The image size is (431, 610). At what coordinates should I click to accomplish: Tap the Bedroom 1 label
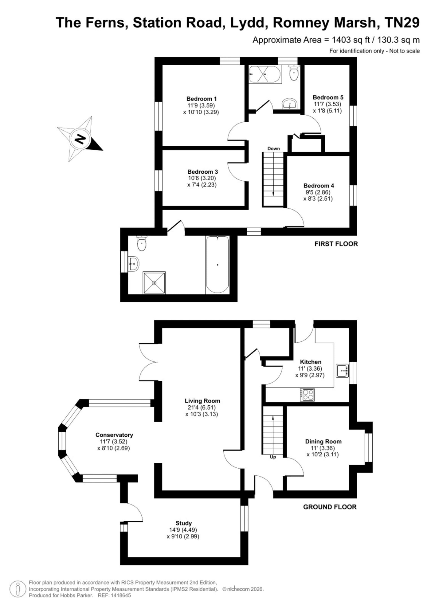[x=201, y=99]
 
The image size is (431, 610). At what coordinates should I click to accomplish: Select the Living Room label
[x=202, y=401]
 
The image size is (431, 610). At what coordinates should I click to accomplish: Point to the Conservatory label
[x=114, y=435]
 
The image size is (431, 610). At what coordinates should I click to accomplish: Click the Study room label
[x=183, y=523]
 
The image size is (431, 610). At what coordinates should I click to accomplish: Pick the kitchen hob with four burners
[x=307, y=395]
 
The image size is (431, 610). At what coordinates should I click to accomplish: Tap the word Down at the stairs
[x=273, y=148]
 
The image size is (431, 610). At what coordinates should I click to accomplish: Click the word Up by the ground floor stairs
[x=273, y=457]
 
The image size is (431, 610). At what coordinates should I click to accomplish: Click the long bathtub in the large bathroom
[x=217, y=265]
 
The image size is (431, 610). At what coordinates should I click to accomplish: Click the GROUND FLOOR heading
[x=330, y=507]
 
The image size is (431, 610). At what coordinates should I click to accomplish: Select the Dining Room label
[x=323, y=442]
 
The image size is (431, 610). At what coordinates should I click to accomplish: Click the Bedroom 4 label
[x=319, y=186]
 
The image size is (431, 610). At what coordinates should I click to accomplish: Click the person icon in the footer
[x=18, y=589]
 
